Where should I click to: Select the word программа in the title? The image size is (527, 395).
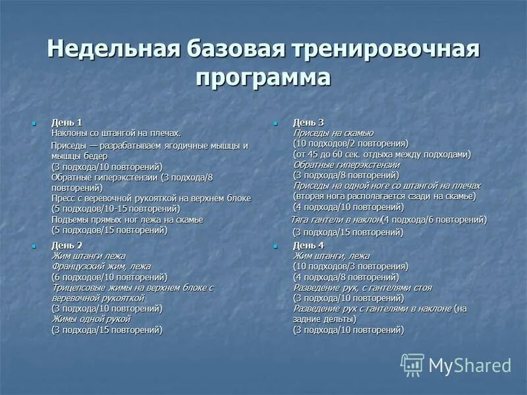click(263, 78)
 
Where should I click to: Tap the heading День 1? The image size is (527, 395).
click(67, 122)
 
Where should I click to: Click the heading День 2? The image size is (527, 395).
click(67, 245)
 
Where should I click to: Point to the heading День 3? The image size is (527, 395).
click(308, 122)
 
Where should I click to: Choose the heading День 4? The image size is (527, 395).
click(308, 245)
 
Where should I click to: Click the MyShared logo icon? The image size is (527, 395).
click(412, 364)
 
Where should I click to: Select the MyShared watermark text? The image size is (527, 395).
click(470, 365)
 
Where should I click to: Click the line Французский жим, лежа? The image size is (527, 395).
click(101, 266)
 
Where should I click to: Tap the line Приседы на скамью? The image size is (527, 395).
click(333, 132)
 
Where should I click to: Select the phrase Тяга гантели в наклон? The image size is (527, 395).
click(337, 219)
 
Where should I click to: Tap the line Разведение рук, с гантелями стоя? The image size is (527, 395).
click(362, 288)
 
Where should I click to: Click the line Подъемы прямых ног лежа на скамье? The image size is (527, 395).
click(127, 219)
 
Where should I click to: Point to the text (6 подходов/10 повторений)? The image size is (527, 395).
click(109, 276)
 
